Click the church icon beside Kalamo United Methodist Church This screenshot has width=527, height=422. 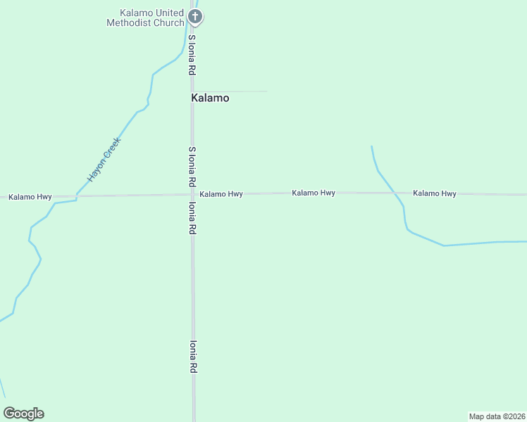(x=196, y=17)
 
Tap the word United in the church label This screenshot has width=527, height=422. (x=168, y=13)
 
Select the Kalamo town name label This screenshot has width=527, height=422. (x=210, y=98)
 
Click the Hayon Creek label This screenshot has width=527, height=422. (x=104, y=160)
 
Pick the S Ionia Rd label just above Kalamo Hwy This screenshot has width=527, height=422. (x=191, y=166)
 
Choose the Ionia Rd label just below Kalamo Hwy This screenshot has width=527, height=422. (x=191, y=218)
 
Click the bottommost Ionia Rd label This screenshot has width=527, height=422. (x=192, y=357)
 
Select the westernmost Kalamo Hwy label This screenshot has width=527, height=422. (x=30, y=197)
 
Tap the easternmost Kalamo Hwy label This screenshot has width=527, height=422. (x=435, y=193)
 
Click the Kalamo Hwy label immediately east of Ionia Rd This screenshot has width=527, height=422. (x=221, y=194)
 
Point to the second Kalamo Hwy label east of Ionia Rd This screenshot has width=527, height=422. (x=314, y=193)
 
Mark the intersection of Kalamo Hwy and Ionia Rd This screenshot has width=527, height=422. (x=193, y=195)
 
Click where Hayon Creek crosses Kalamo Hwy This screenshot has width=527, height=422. (x=76, y=196)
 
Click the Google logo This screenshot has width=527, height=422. (x=24, y=414)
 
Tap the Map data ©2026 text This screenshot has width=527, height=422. (x=497, y=416)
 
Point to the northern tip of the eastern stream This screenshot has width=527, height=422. (x=371, y=146)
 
